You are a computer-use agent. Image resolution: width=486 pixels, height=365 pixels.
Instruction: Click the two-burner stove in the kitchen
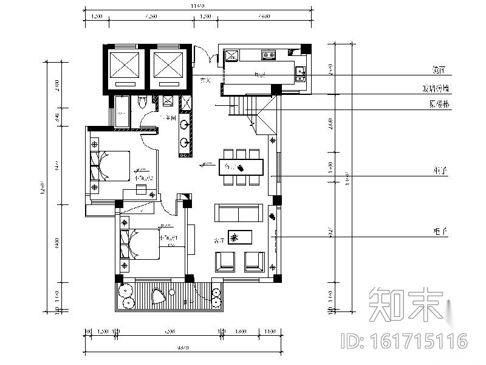pyautogui.click(x=269, y=55)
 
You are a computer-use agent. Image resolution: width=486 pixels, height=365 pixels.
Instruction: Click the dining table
pyautogui.click(x=241, y=166)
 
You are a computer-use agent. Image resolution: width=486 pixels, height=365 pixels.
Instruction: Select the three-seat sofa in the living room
pyautogui.click(x=237, y=214)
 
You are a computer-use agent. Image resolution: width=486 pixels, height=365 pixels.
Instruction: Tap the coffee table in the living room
pyautogui.click(x=245, y=237)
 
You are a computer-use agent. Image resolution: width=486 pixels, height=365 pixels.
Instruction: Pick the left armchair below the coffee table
pyautogui.click(x=225, y=260)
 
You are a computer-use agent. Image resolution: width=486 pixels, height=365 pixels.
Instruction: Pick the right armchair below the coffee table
pyautogui.click(x=255, y=260)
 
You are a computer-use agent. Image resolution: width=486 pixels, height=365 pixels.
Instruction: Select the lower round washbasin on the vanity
pyautogui.click(x=184, y=144)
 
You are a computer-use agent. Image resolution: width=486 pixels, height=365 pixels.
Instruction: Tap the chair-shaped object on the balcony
pyautogui.click(x=159, y=296)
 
